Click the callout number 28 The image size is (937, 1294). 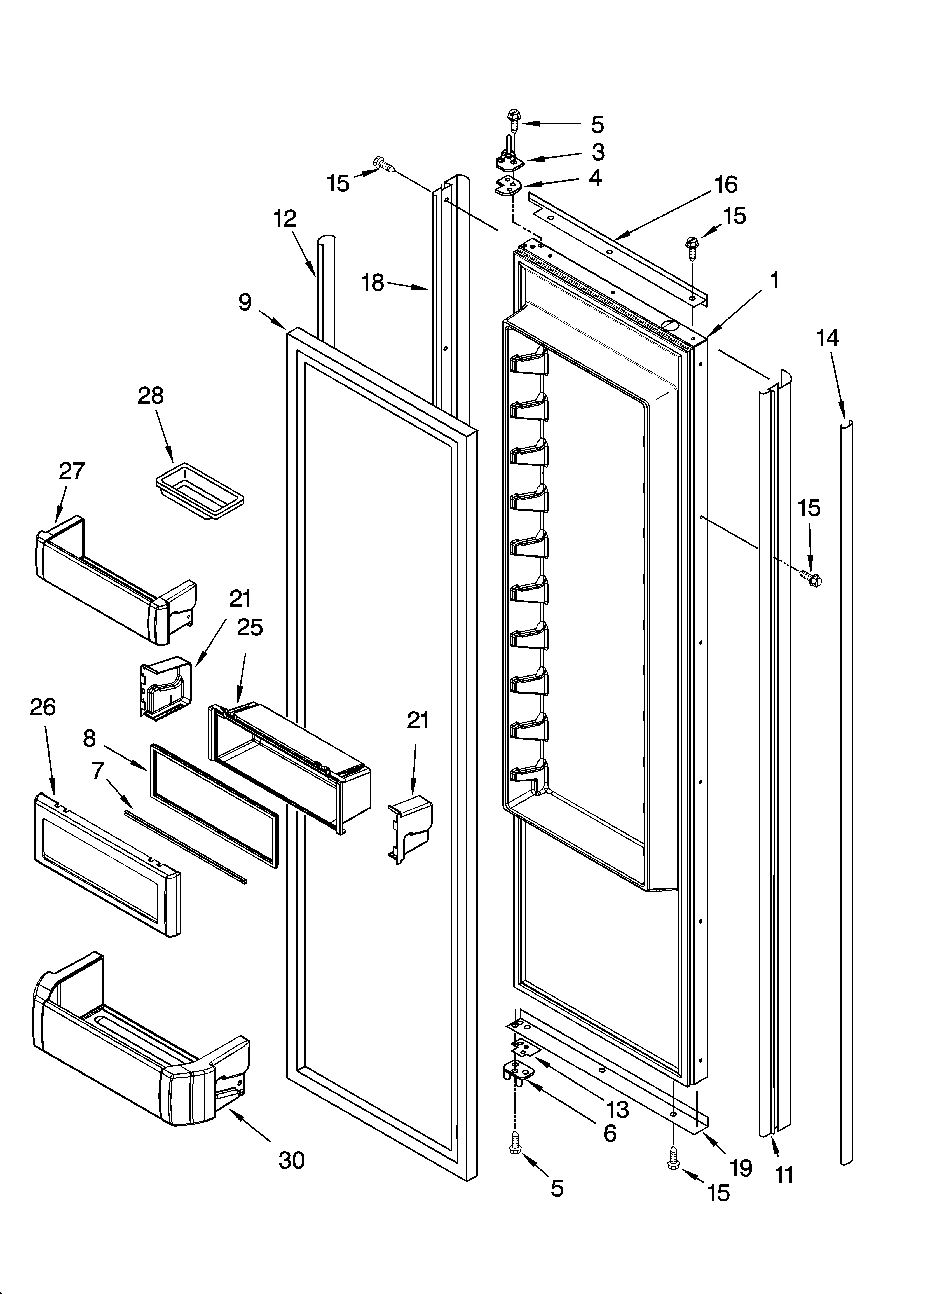pos(151,396)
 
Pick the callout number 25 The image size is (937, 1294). pos(250,628)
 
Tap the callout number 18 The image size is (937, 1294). pos(373,282)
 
